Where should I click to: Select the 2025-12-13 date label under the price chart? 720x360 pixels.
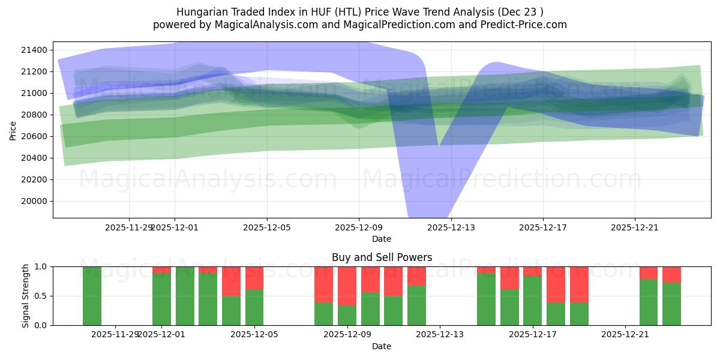click(451, 227)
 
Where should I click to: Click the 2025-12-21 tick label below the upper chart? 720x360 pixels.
click(635, 227)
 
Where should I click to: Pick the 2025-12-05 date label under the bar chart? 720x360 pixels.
click(254, 334)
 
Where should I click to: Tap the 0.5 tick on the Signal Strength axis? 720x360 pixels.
click(43, 296)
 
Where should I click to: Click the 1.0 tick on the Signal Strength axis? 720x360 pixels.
click(43, 266)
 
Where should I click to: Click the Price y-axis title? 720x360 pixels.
click(13, 130)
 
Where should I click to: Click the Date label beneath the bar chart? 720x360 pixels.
click(382, 346)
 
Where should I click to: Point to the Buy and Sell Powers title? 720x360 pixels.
click(382, 257)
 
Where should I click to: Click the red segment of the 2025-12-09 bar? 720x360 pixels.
click(347, 286)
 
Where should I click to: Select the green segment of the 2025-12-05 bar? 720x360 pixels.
click(254, 307)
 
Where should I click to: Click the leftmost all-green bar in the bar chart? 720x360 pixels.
click(92, 296)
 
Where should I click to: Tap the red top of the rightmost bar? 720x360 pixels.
click(671, 274)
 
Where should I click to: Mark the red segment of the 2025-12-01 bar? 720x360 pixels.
click(161, 269)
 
